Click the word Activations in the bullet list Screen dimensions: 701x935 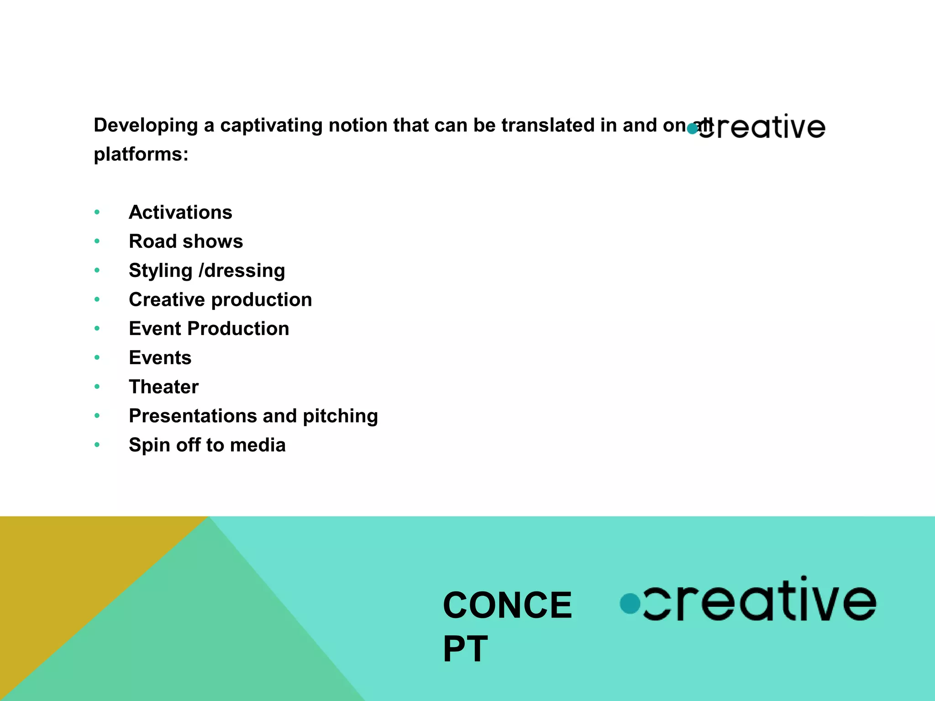click(180, 213)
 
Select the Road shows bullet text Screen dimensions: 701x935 click(186, 241)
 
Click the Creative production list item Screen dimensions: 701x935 click(220, 300)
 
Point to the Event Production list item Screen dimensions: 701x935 click(209, 329)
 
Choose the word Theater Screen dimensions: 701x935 click(163, 387)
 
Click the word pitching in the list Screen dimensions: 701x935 click(340, 416)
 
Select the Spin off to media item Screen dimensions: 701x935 click(207, 445)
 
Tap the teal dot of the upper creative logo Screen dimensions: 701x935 click(692, 129)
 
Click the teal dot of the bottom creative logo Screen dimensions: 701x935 click(630, 603)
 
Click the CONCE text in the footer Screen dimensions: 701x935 click(507, 605)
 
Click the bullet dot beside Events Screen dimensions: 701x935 click(97, 357)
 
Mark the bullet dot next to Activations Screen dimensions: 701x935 click(97, 212)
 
